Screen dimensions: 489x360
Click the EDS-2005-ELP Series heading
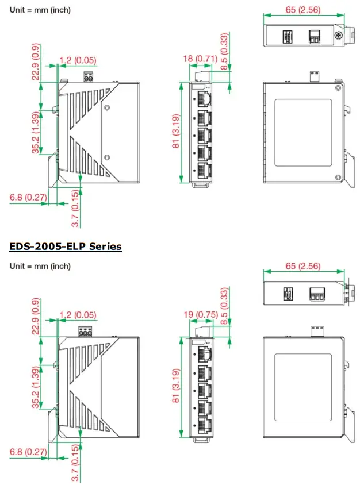click(65, 247)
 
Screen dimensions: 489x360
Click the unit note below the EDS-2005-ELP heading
click(40, 266)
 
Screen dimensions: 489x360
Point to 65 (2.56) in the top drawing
click(302, 10)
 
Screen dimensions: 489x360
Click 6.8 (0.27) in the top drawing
click(27, 198)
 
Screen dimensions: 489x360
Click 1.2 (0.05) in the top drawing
click(78, 60)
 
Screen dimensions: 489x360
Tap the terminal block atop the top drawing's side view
click(89, 76)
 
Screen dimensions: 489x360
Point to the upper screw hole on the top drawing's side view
click(107, 107)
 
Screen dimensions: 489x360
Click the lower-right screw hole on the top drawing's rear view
click(338, 177)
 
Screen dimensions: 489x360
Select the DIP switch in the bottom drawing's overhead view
click(287, 294)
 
